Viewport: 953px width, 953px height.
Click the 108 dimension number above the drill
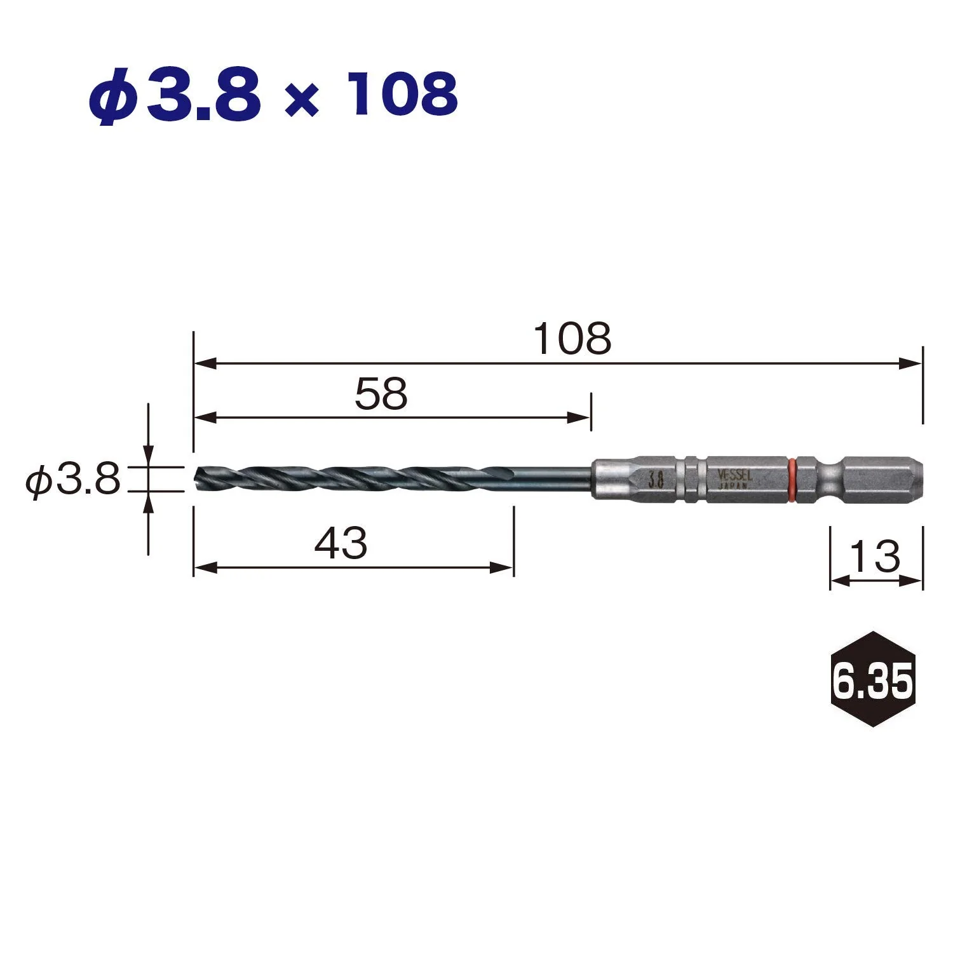pyautogui.click(x=572, y=339)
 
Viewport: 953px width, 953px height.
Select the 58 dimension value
pyautogui.click(x=381, y=394)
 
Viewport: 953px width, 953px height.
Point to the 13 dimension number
pyautogui.click(x=875, y=557)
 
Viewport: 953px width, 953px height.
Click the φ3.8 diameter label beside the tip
pyautogui.click(x=73, y=479)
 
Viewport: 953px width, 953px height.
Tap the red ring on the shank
pyautogui.click(x=792, y=479)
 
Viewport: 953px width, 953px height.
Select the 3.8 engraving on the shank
pyautogui.click(x=656, y=480)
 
